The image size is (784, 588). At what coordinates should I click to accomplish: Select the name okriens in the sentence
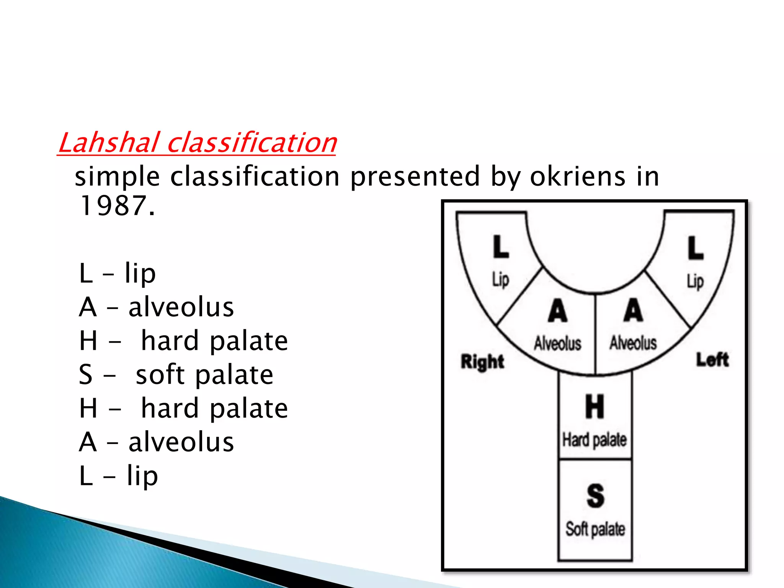[x=578, y=176]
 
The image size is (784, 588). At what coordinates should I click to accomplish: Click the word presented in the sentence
[x=415, y=176]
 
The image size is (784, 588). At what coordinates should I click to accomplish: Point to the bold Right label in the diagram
[x=482, y=361]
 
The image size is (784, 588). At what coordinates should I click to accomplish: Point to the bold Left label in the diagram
[x=712, y=360]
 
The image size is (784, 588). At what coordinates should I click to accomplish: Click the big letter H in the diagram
[x=595, y=407]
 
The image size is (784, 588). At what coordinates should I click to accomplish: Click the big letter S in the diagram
[x=595, y=496]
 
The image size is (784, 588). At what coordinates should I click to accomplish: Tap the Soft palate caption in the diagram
[x=595, y=529]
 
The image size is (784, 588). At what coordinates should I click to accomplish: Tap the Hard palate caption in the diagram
[x=595, y=440]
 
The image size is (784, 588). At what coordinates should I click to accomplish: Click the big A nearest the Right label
[x=557, y=311]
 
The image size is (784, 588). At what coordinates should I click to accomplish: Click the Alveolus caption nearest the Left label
[x=633, y=343]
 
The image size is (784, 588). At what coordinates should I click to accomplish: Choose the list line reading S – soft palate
[x=176, y=374]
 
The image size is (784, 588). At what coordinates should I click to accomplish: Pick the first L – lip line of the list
[x=117, y=273]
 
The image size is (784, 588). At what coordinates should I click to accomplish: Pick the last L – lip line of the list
[x=118, y=476]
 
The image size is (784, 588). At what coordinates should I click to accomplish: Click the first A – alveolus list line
[x=156, y=307]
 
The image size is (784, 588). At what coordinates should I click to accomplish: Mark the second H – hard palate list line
[x=183, y=408]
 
